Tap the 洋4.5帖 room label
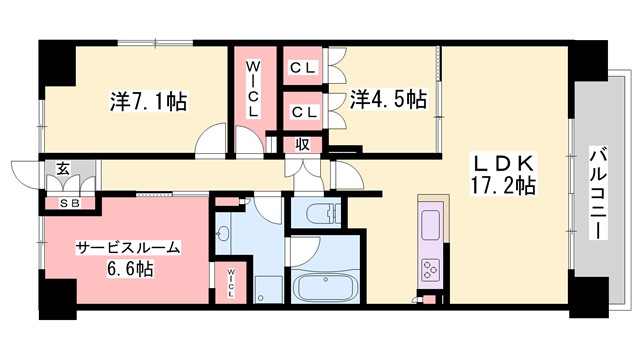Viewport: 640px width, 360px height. click(388, 99)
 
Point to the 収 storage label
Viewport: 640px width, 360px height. click(301, 144)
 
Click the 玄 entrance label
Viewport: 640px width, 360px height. click(62, 168)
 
